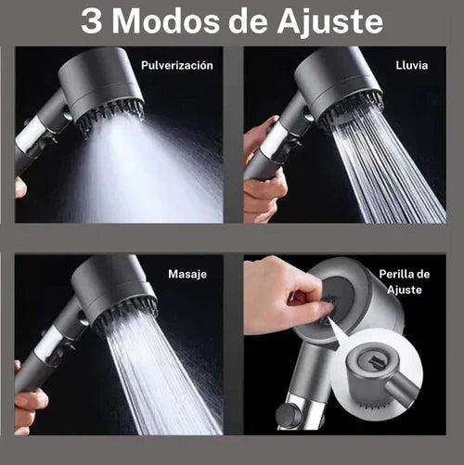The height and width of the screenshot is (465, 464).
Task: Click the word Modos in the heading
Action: point(176,21)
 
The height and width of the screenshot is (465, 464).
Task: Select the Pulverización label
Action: point(176,66)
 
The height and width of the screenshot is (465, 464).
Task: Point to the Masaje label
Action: point(187,276)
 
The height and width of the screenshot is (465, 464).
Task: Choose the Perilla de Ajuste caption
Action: point(404,282)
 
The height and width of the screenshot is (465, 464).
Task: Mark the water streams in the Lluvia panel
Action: point(380,176)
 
